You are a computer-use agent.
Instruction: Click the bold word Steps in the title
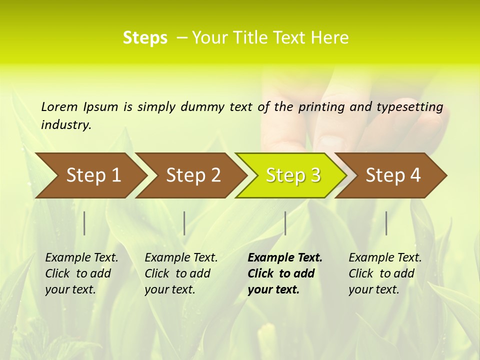145,38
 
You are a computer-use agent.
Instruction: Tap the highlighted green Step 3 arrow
293,175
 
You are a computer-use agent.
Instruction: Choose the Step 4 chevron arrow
393,175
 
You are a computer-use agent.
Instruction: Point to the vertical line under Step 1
84,223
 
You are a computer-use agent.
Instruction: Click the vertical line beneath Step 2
184,223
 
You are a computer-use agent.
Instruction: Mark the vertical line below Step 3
285,223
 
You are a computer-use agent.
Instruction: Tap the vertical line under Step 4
386,223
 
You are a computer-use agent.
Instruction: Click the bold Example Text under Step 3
285,273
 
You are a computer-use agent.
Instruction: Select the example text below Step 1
81,273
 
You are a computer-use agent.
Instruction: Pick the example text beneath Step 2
181,273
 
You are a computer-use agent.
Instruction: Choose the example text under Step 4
385,273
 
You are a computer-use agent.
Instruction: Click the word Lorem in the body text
59,106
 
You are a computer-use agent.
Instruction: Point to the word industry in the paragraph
65,125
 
